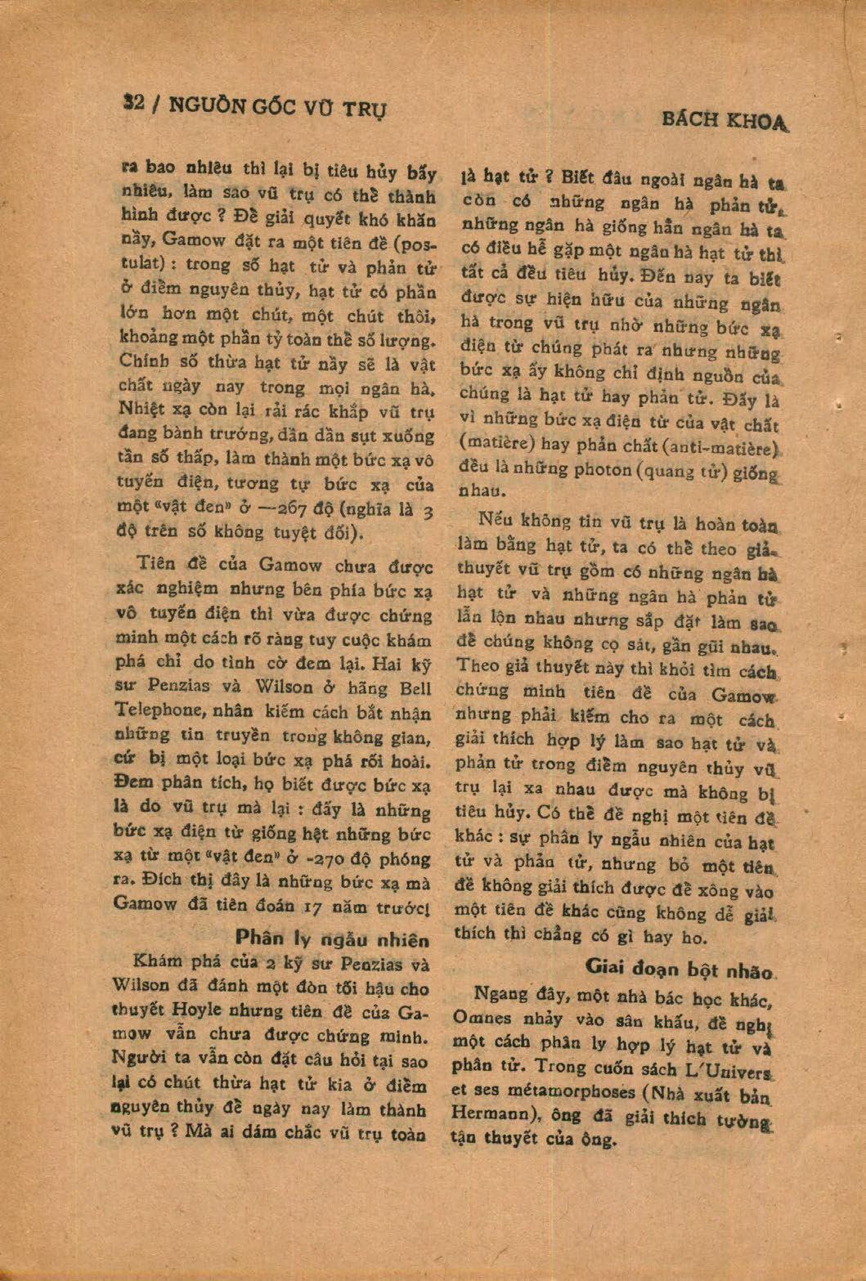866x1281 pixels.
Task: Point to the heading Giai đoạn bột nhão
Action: point(679,969)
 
